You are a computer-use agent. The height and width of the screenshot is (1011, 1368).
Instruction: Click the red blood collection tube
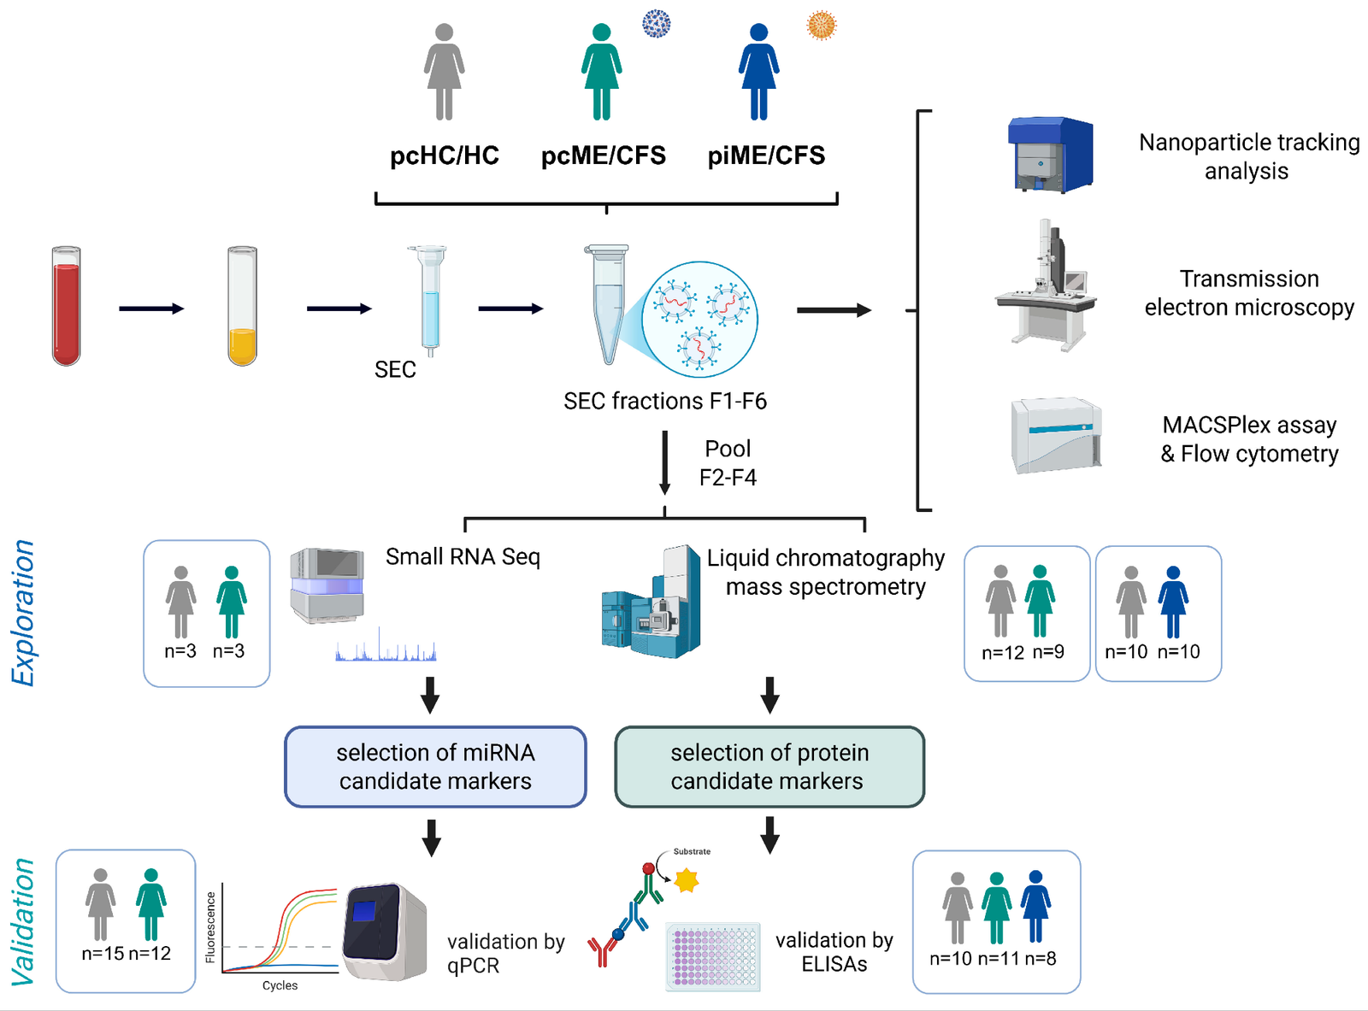pos(66,306)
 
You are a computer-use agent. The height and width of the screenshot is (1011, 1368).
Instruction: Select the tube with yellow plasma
pos(242,306)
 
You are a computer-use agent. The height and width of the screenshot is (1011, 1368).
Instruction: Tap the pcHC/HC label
pos(445,156)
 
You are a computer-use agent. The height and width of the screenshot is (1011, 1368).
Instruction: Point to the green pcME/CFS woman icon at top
pos(601,72)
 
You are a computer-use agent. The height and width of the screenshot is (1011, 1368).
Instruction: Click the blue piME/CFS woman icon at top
pos(758,72)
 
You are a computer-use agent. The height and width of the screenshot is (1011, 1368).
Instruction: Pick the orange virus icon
pos(821,25)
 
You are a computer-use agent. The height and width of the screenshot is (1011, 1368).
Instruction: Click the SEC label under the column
pos(395,370)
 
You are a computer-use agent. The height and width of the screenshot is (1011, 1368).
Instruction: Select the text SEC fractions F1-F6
pos(664,401)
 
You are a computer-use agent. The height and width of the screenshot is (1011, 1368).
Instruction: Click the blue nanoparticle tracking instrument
pos(1050,155)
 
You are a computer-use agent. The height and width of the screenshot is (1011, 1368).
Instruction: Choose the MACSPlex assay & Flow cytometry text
pos(1249,439)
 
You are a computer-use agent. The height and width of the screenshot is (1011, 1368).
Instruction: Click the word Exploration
pos(24,613)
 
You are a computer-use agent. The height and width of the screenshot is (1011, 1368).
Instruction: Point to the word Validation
pos(24,921)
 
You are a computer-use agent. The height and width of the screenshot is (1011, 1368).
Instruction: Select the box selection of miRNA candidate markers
pos(435,767)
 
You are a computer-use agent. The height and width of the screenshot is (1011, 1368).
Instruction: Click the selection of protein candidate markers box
pos(769,767)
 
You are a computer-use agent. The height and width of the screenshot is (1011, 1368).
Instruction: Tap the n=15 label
pos(103,954)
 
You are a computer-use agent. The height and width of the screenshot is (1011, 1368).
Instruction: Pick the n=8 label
pos(1041,959)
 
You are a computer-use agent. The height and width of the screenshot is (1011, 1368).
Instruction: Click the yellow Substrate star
pos(687,880)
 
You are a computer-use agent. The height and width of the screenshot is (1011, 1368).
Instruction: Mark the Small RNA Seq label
pos(463,557)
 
